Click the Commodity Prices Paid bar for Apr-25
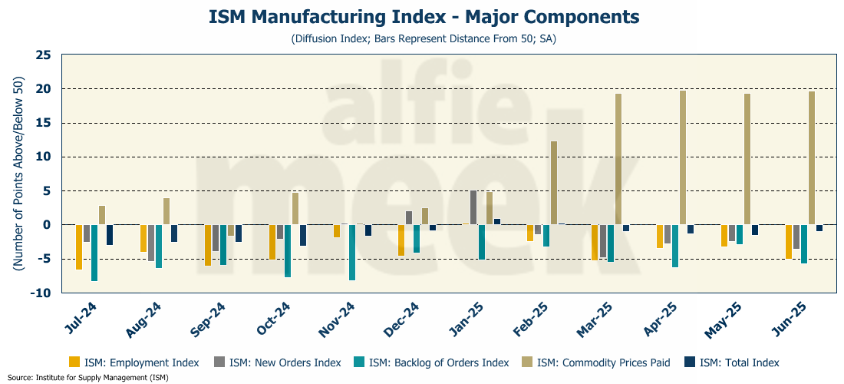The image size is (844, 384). pyautogui.click(x=683, y=157)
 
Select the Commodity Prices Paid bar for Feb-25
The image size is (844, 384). pyautogui.click(x=554, y=183)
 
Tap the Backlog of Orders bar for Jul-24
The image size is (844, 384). pyautogui.click(x=94, y=253)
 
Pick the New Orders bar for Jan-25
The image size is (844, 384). pyautogui.click(x=474, y=207)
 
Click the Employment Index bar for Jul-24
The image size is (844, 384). pyautogui.click(x=79, y=247)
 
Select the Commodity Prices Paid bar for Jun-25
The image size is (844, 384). pyautogui.click(x=812, y=157)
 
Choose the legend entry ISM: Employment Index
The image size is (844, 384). pyautogui.click(x=134, y=362)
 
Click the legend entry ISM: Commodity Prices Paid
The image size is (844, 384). pyautogui.click(x=595, y=362)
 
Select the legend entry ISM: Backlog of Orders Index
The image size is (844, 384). pyautogui.click(x=430, y=362)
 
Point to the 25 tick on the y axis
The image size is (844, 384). pyautogui.click(x=43, y=55)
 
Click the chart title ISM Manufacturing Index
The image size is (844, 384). pyautogui.click(x=423, y=16)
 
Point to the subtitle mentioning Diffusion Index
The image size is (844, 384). pyautogui.click(x=423, y=38)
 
